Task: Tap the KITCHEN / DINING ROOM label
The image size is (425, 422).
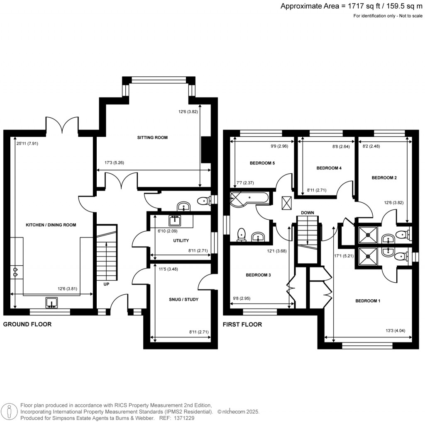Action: click(x=51, y=225)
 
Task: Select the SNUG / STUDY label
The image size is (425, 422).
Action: click(x=180, y=299)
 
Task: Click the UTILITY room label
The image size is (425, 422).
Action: click(x=181, y=240)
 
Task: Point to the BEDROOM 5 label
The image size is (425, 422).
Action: click(x=262, y=163)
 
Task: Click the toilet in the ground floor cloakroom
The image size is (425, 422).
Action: click(x=203, y=201)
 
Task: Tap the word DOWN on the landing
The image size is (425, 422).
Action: click(x=308, y=213)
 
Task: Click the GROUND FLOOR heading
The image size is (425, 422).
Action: click(x=27, y=324)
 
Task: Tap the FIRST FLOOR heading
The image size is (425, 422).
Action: click(x=242, y=324)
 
